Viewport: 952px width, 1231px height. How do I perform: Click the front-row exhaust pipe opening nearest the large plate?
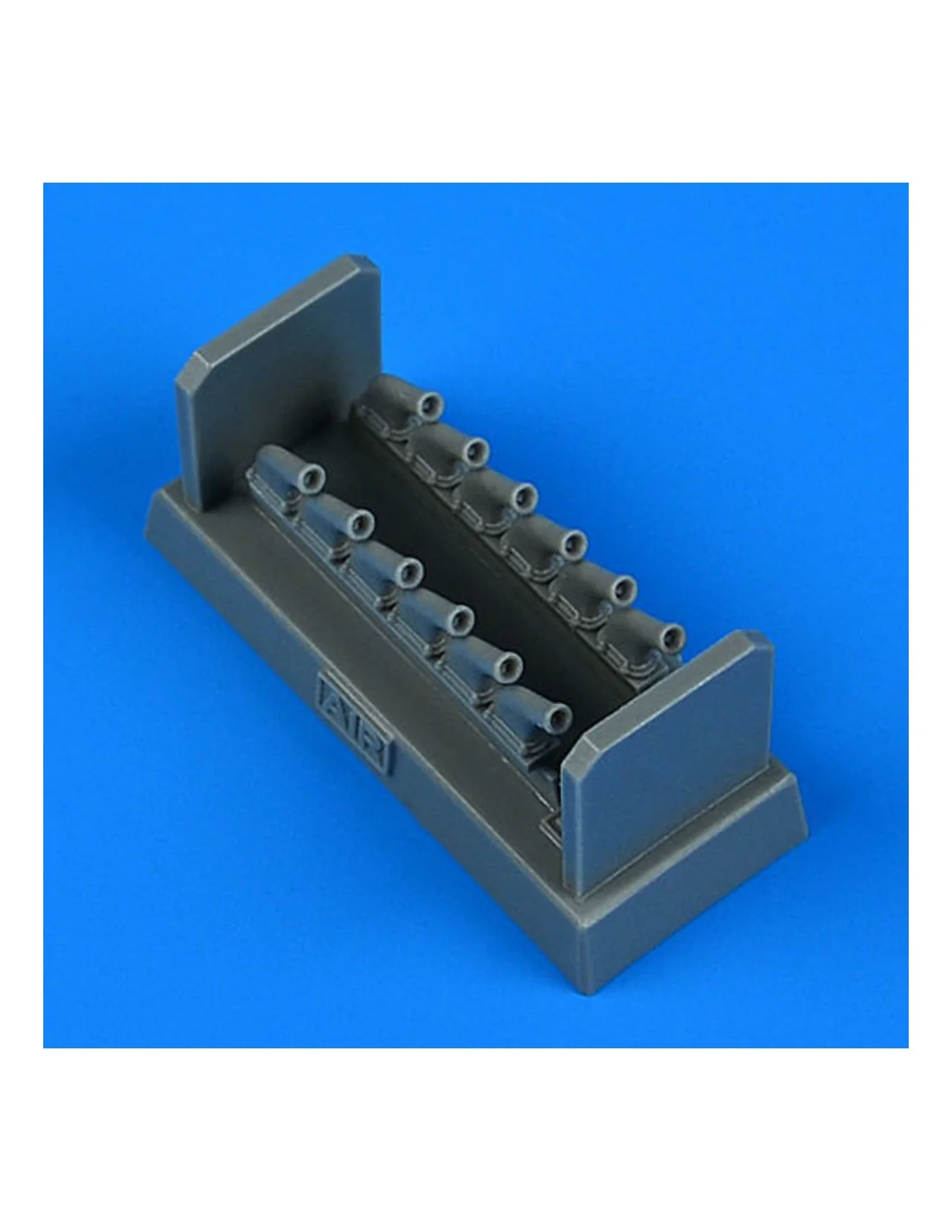312,478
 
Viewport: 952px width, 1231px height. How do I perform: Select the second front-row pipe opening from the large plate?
360,524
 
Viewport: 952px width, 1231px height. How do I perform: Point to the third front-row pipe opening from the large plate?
409,571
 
